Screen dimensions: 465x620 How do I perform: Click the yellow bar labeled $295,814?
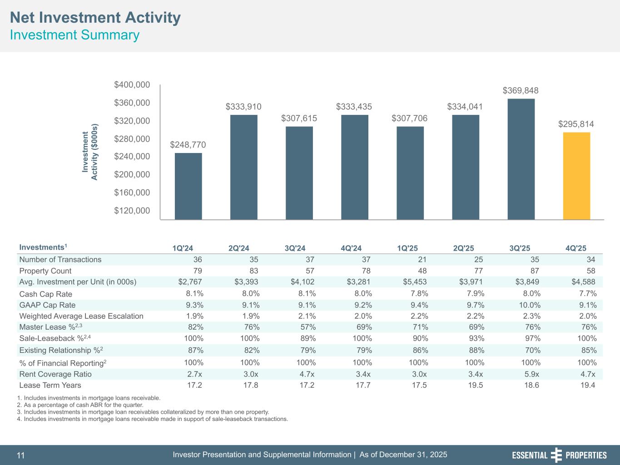point(576,176)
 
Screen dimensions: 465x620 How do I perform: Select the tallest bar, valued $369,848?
point(521,159)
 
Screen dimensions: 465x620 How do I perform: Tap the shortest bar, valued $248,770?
point(188,186)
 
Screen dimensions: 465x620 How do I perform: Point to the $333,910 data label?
point(243,107)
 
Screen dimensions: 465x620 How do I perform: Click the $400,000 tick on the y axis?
point(132,84)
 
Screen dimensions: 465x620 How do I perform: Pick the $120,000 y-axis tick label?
point(132,211)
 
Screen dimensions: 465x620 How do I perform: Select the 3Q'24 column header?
point(295,248)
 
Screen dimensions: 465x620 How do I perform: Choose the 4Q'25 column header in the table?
point(575,248)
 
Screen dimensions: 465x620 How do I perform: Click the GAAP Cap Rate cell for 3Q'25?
point(530,305)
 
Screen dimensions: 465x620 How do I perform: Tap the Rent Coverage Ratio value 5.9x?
point(531,374)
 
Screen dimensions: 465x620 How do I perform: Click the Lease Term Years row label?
point(50,385)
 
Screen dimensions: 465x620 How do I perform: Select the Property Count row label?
point(45,271)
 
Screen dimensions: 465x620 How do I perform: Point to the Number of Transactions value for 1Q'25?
point(422,259)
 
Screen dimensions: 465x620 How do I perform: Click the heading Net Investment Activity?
point(95,18)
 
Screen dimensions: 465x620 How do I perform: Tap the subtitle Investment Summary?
point(74,35)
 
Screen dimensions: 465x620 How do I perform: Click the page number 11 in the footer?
point(21,455)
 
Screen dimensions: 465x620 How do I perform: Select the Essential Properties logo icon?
point(556,455)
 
